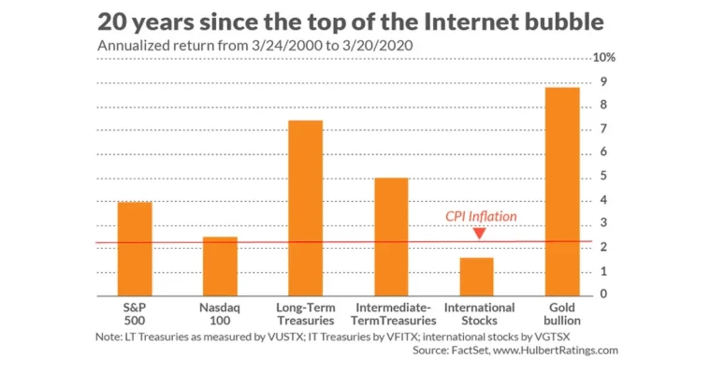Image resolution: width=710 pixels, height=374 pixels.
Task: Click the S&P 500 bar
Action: pos(135,249)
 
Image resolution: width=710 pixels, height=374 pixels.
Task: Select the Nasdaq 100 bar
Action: pos(220,266)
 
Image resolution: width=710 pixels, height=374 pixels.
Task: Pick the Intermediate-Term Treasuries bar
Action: pos(391,237)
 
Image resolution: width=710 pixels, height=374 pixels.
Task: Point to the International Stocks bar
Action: pos(477,277)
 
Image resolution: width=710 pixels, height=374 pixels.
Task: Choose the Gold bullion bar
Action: pos(562,192)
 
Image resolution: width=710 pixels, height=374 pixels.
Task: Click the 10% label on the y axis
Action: pos(605,57)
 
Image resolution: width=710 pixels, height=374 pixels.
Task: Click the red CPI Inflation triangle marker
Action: pos(480,233)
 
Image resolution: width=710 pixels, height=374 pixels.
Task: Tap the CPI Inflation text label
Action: pos(481,216)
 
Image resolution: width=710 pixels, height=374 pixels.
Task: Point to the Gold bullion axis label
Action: pos(562,314)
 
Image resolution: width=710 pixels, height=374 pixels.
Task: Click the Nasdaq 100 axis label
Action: pos(220,314)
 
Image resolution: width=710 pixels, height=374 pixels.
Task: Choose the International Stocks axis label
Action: pos(479,314)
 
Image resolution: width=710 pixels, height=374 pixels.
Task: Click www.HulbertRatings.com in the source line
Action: pos(558,351)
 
